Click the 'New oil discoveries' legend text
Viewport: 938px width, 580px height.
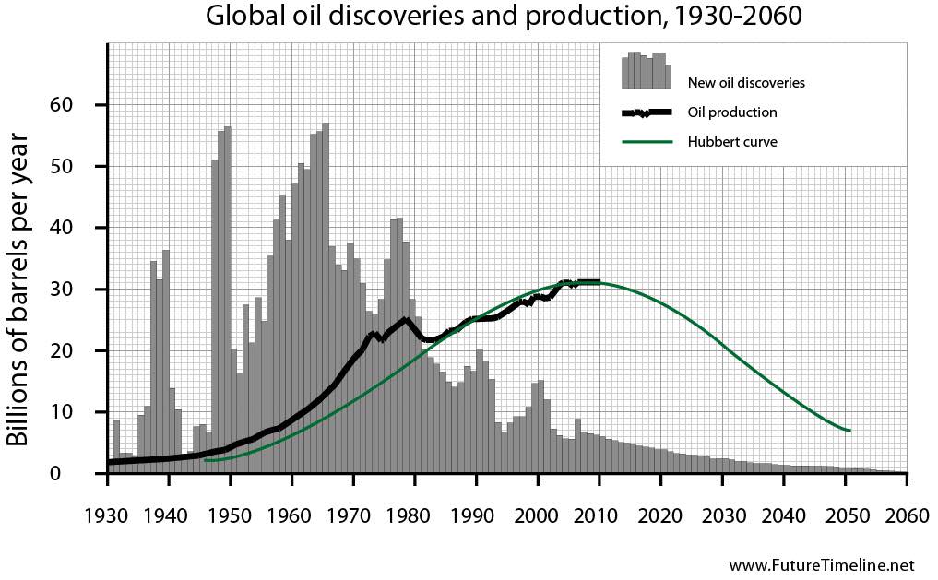pos(746,83)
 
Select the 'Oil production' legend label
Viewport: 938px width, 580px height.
pos(732,112)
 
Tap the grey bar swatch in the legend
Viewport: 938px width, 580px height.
pos(647,72)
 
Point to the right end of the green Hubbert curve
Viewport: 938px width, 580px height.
pos(849,431)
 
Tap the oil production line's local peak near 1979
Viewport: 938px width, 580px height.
pos(406,320)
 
